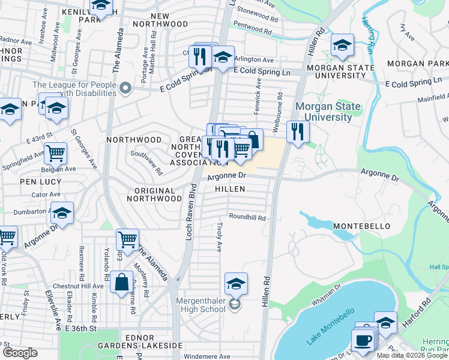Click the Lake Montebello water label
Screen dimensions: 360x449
(331, 326)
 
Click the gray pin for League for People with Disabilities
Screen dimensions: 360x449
(125, 89)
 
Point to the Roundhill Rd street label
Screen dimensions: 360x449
(246, 218)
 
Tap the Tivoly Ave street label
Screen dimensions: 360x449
(220, 238)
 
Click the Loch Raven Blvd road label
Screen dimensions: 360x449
(188, 210)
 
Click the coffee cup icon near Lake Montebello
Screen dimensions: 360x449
(363, 340)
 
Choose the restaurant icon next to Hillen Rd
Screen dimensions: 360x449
(298, 131)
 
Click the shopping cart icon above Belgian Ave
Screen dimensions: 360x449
(55, 152)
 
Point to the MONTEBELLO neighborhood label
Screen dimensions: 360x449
(362, 226)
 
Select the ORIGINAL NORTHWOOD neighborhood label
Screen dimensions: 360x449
(155, 195)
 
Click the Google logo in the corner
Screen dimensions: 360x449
(20, 353)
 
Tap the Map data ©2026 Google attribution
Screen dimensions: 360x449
(411, 355)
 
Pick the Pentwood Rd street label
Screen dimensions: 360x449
(257, 26)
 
